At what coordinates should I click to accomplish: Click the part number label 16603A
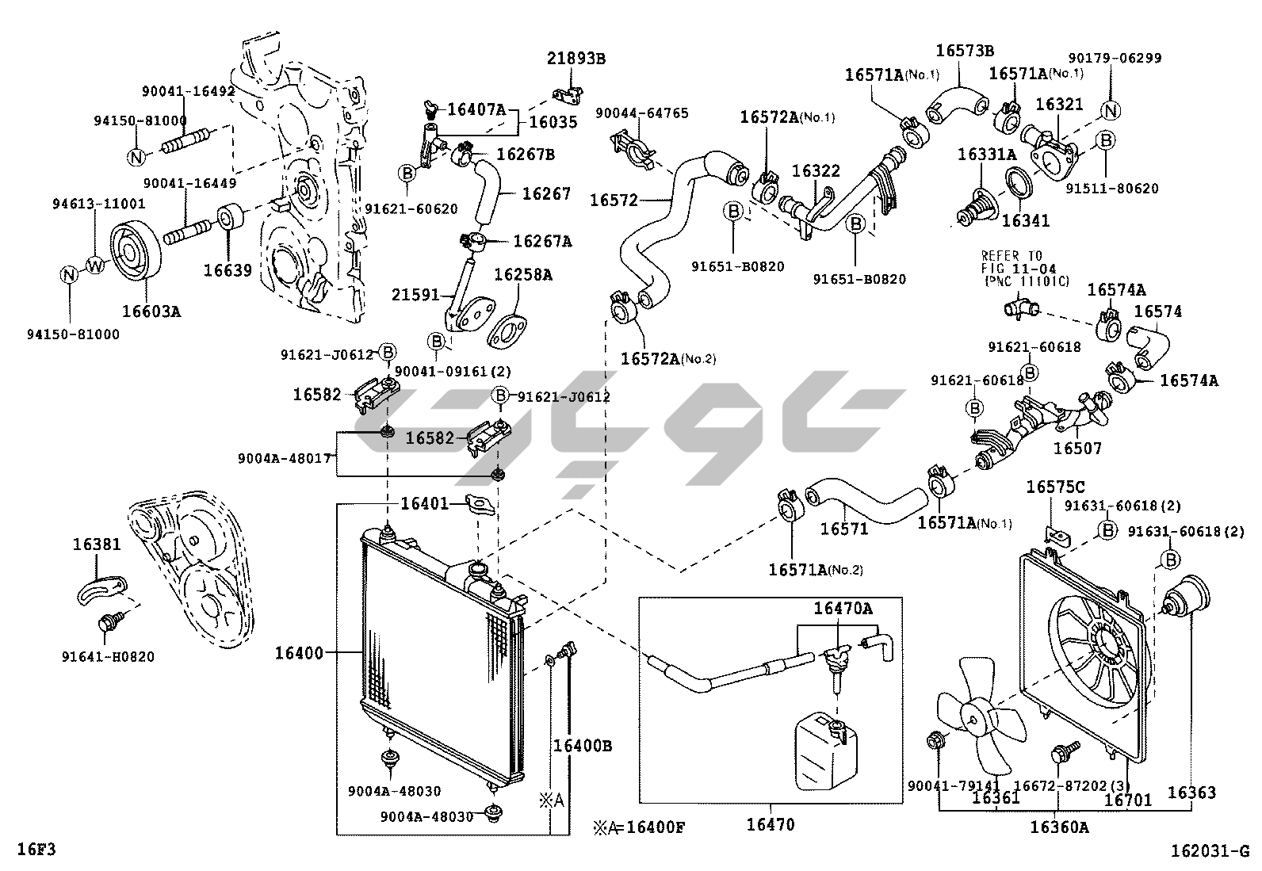(x=151, y=311)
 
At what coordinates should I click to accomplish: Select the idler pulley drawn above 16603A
(x=135, y=252)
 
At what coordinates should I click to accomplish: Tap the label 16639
(x=228, y=270)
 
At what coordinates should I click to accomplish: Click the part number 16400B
(x=583, y=746)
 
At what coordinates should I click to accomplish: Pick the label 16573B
(x=965, y=51)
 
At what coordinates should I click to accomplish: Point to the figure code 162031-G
(x=1210, y=851)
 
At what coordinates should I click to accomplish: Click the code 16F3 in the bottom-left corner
(x=36, y=850)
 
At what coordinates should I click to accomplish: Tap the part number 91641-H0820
(x=108, y=656)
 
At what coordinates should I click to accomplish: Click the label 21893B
(x=576, y=58)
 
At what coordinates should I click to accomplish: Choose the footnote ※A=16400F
(x=638, y=828)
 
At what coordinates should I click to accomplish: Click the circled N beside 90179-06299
(x=1111, y=111)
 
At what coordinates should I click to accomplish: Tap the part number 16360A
(x=1059, y=827)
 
